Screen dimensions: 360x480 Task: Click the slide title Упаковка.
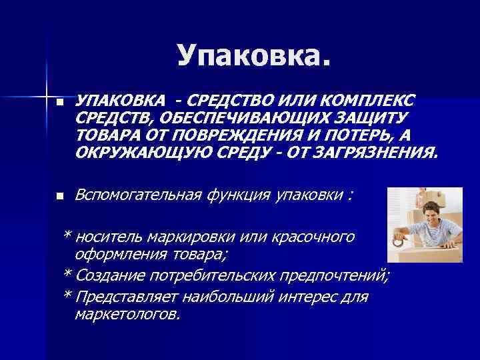[253, 55]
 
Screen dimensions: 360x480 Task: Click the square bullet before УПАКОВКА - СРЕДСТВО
[61, 103]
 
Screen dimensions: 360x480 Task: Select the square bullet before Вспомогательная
[61, 197]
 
